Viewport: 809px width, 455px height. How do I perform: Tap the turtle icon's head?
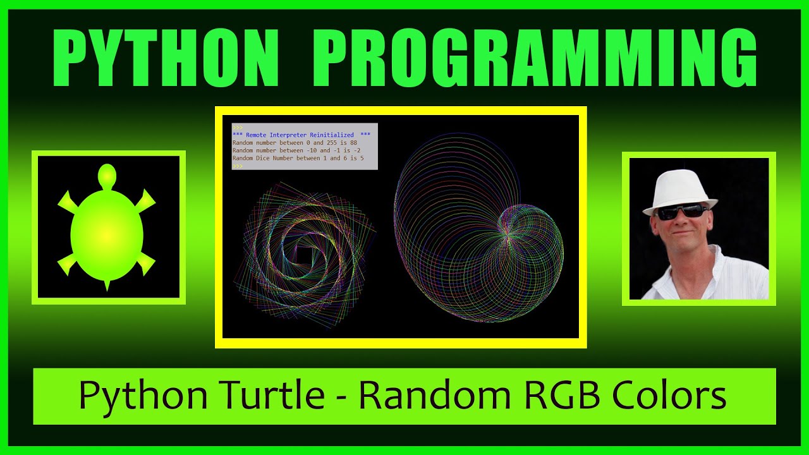click(107, 174)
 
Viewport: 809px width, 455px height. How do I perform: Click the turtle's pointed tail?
click(107, 286)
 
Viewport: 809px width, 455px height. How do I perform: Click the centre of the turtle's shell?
click(107, 234)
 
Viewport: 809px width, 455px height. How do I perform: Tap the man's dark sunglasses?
click(681, 212)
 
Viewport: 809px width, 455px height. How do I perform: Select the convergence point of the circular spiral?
click(507, 235)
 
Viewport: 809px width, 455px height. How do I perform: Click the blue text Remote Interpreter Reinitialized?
click(301, 135)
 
